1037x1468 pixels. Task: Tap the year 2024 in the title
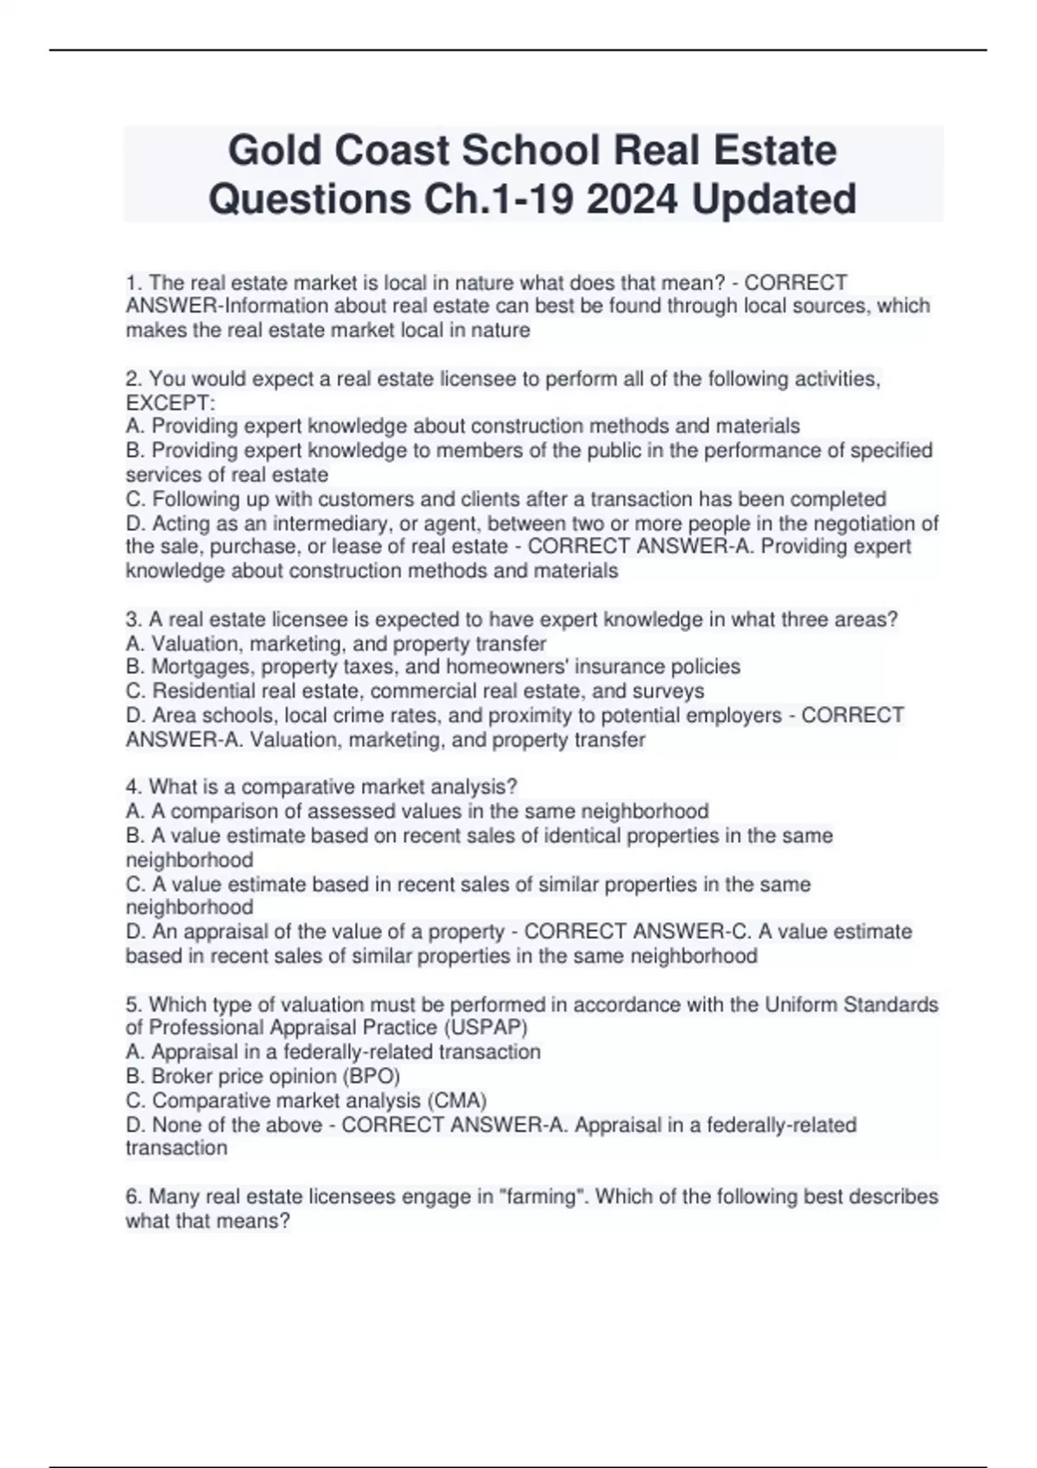(631, 199)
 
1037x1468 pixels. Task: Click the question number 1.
(133, 282)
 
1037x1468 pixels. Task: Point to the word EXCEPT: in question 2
(170, 403)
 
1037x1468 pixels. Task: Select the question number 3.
(133, 619)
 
